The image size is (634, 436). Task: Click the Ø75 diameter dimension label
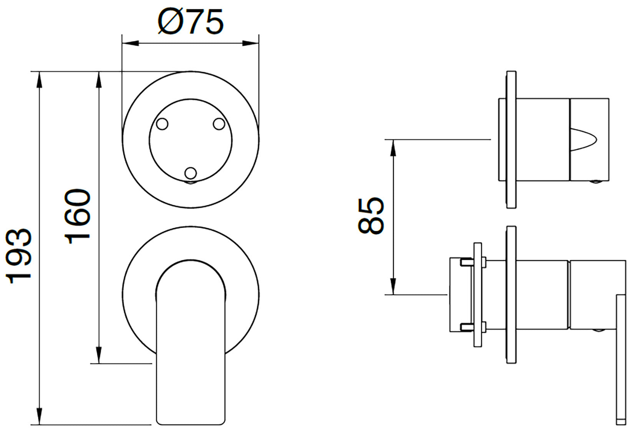191,22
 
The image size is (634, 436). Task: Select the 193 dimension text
19,256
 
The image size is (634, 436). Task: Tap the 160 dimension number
77,216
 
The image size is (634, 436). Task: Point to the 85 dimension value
371,216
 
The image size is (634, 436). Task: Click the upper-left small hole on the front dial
162,124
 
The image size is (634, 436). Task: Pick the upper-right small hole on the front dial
219,124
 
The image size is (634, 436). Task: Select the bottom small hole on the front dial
191,173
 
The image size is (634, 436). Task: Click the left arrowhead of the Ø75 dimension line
131,43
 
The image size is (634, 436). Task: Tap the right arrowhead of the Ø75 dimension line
251,43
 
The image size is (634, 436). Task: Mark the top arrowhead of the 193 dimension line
40,80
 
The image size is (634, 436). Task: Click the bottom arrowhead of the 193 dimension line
40,416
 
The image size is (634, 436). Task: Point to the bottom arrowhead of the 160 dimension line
99,355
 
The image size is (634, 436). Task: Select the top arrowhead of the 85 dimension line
393,148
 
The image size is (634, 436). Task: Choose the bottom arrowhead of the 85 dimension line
393,286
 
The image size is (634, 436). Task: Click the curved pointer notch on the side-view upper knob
583,140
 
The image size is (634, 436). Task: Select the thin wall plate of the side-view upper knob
511,140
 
